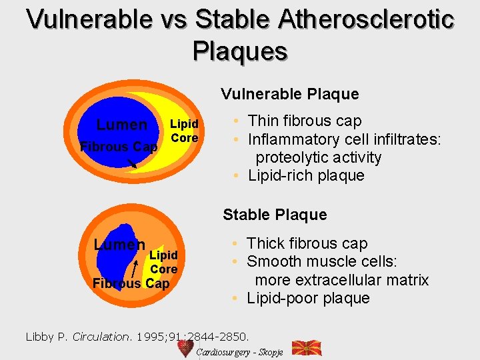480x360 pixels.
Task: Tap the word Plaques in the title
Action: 240,51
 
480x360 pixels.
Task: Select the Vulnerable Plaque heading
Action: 289,94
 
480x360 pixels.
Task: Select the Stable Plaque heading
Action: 275,215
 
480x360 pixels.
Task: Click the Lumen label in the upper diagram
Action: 121,125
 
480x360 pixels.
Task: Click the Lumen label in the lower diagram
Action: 119,245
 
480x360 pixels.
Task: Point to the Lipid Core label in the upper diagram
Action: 184,131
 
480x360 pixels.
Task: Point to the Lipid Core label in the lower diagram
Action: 163,262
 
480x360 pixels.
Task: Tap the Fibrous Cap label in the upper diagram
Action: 118,147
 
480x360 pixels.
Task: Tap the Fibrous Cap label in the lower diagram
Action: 131,284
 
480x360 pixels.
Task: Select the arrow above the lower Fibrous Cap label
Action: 136,268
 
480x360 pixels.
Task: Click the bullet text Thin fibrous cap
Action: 304,121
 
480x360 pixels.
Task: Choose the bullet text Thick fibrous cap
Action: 307,243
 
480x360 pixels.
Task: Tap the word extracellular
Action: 324,280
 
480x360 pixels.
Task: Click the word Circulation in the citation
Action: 99,337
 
